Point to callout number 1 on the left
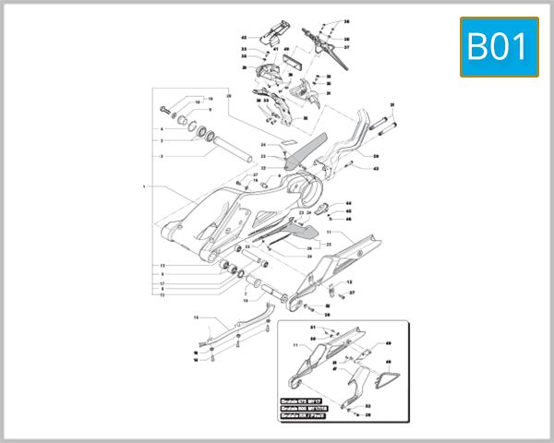(x=145, y=186)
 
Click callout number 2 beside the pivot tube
(x=162, y=157)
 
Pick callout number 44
(x=348, y=204)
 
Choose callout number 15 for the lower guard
(x=195, y=317)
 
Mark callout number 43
(x=375, y=169)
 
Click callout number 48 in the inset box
(x=388, y=363)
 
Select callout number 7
(x=247, y=293)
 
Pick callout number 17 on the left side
(x=162, y=283)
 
